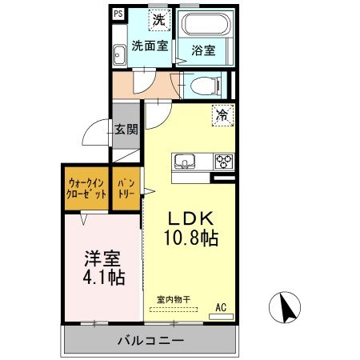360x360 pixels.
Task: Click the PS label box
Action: tap(118, 14)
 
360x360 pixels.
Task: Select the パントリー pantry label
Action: tap(126, 188)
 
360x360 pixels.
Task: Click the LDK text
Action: tap(190, 217)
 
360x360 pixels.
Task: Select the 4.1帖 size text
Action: tap(104, 278)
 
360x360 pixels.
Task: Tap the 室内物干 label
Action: tap(174, 298)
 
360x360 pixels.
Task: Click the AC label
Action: tap(221, 305)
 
